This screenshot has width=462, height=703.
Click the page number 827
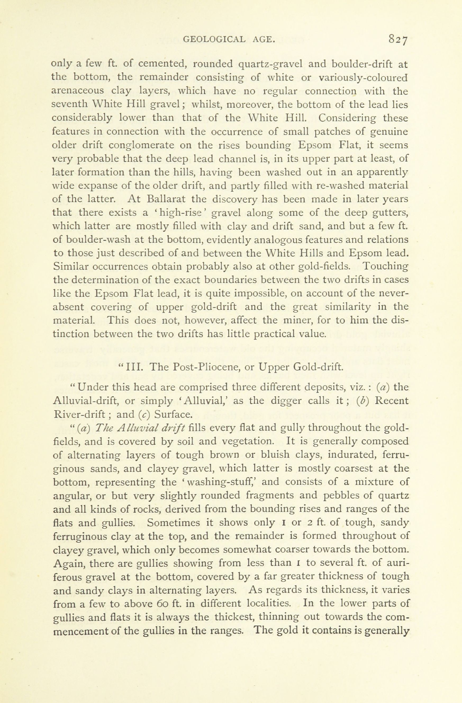click(398, 39)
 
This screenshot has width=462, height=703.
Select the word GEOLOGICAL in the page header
click(214, 39)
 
